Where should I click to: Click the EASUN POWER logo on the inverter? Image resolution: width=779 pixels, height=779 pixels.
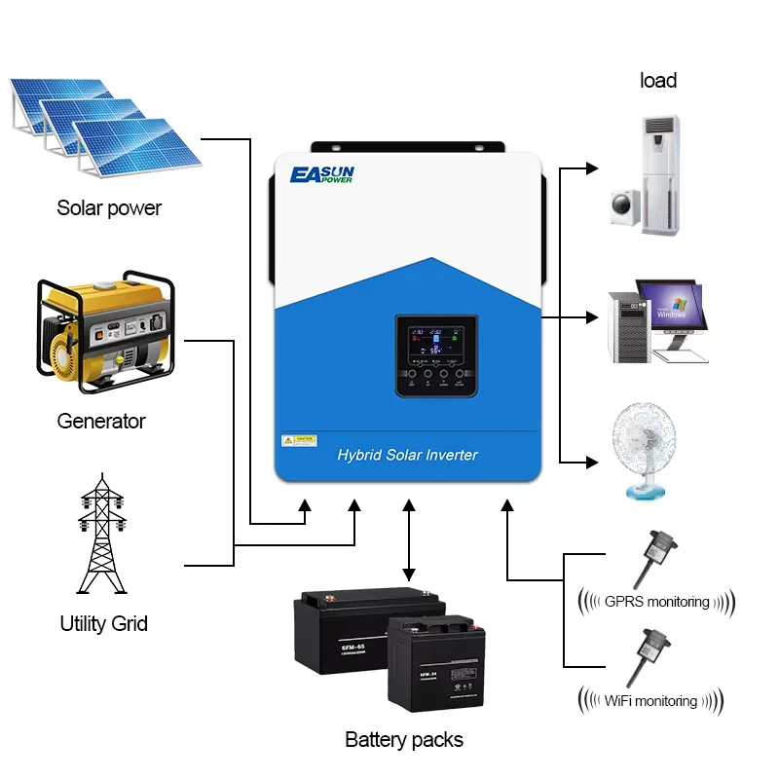coord(322,175)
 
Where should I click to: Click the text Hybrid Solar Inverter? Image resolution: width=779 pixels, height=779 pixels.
coord(407,455)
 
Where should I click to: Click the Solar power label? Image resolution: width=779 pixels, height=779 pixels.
coord(109,208)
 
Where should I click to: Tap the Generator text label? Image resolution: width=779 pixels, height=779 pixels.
coord(101,422)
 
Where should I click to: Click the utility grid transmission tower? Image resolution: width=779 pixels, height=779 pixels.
coord(101,536)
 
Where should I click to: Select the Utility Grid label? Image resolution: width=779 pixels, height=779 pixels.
coord(103,623)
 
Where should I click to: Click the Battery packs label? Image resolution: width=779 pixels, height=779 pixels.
coord(404,740)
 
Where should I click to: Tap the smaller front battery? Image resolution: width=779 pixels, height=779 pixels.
coord(434,662)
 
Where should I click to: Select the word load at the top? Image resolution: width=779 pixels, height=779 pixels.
coord(658,81)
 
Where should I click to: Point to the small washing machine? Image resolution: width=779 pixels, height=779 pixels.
coord(624,207)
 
